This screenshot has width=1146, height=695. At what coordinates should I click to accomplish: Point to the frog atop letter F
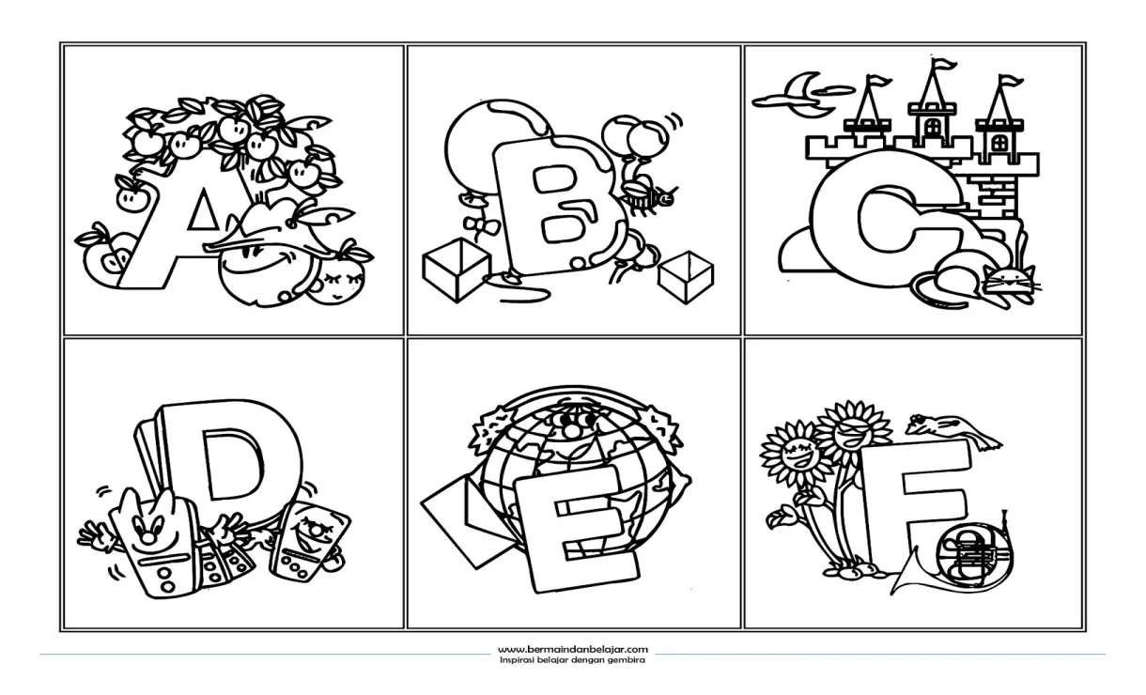tap(952, 428)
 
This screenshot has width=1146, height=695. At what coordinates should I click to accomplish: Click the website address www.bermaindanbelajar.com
tap(572, 650)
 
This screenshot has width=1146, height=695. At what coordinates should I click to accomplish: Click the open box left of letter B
tap(456, 270)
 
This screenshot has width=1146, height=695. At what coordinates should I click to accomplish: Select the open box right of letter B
tap(686, 277)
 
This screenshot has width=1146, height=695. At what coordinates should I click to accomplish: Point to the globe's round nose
tap(569, 430)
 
